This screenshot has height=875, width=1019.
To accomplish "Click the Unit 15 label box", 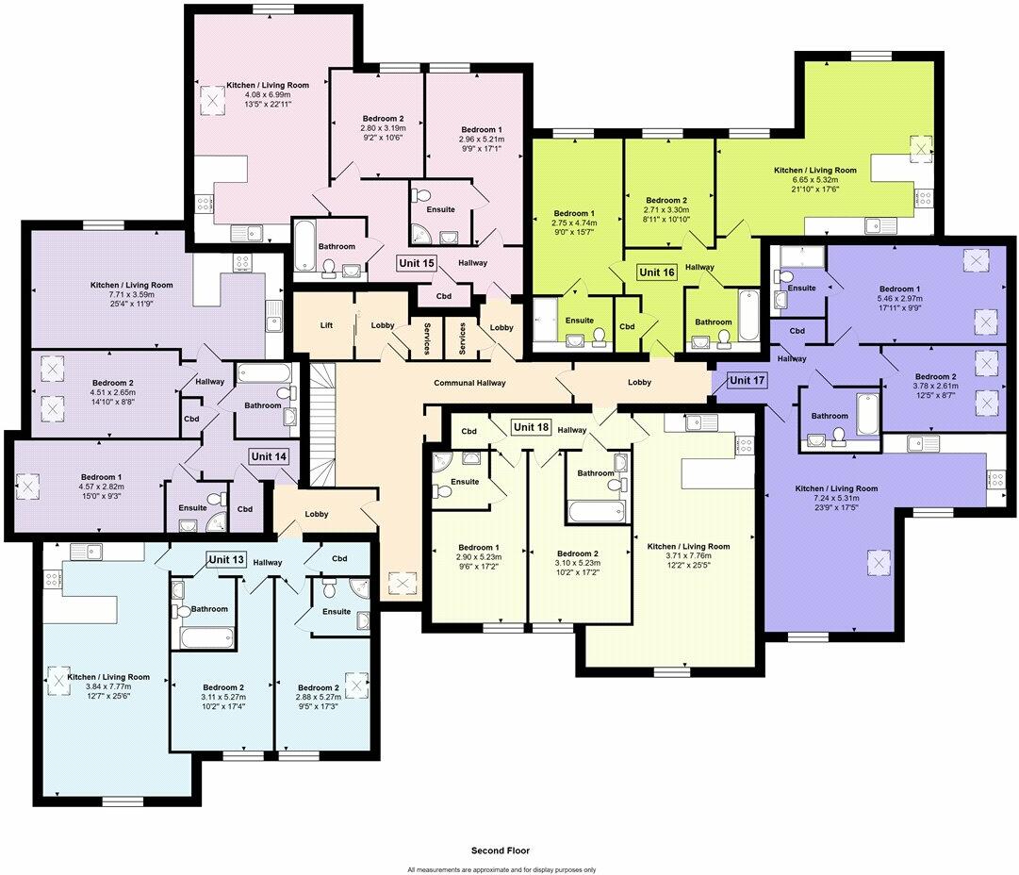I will pyautogui.click(x=417, y=262).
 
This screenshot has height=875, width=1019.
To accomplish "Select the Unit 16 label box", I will pyautogui.click(x=657, y=272).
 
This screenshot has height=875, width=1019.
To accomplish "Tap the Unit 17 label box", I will pyautogui.click(x=748, y=380).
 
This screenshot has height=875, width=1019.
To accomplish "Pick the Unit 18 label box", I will pyautogui.click(x=531, y=427).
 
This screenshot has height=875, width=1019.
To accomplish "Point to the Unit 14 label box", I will pyautogui.click(x=268, y=455).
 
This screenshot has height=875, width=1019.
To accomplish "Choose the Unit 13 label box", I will pyautogui.click(x=226, y=560).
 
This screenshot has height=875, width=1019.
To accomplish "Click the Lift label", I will pyautogui.click(x=326, y=325).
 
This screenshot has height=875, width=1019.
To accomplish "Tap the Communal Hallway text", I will pyautogui.click(x=469, y=383).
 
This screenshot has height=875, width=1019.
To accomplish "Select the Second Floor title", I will pyautogui.click(x=500, y=850).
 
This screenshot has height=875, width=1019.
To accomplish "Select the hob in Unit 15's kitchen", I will pyautogui.click(x=203, y=205).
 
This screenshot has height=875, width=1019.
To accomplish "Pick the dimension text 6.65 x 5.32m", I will pyautogui.click(x=814, y=179).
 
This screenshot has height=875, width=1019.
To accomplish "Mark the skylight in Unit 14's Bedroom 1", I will pyautogui.click(x=28, y=487).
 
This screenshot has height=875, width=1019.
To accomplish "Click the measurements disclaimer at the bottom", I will pyautogui.click(x=501, y=869).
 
